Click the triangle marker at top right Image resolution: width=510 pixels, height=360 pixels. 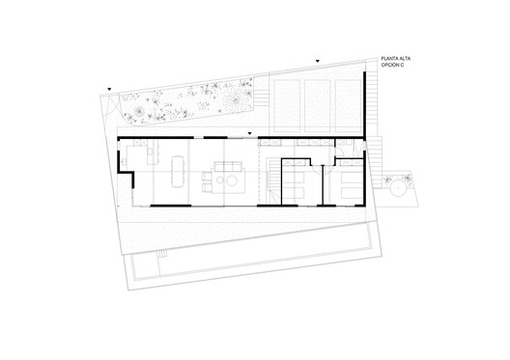[317, 61]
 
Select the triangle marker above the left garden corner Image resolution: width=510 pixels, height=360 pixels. [110, 88]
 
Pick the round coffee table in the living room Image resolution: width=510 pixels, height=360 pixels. [230, 179]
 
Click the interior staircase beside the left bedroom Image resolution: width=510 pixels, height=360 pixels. [274, 183]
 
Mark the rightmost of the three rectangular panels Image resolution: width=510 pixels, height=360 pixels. [348, 100]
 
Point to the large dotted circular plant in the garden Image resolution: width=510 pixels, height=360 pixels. [230, 97]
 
